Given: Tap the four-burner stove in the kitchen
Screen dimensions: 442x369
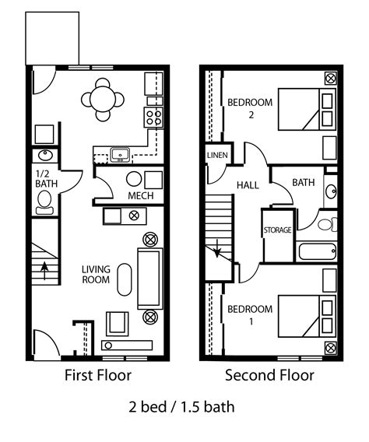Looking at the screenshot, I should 154,117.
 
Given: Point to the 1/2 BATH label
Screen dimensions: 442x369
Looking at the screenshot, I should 44,178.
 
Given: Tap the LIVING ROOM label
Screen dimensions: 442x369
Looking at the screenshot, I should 96,275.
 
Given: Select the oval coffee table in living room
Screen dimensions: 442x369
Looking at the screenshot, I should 125,279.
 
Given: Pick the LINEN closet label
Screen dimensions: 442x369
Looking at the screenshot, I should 217,156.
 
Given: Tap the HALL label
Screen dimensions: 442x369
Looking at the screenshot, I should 248,184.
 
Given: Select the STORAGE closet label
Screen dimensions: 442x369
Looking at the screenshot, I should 276,230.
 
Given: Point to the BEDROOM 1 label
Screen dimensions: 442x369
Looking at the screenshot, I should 249,314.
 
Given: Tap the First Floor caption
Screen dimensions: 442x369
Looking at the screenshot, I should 98,376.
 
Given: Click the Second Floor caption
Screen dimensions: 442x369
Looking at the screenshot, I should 269,376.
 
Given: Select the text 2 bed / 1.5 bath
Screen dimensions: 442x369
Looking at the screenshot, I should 181,406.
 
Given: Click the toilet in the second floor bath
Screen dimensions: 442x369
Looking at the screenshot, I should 326,224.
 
